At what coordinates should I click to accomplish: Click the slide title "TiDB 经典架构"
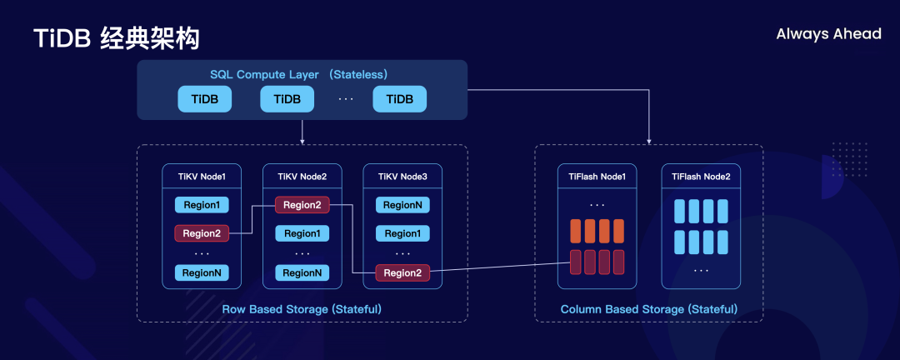(116, 38)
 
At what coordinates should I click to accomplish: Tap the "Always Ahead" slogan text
(828, 34)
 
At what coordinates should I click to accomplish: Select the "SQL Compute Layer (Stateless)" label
(298, 75)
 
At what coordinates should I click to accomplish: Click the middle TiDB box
(287, 99)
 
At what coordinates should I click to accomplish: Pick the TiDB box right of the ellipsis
(399, 99)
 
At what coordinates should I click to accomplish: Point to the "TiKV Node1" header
(202, 177)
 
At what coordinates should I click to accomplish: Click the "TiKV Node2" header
(302, 177)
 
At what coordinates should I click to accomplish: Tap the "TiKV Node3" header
(403, 177)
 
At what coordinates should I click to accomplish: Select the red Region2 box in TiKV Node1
(202, 233)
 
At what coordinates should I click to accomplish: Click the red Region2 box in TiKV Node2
(302, 205)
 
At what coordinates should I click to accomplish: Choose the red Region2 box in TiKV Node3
(403, 272)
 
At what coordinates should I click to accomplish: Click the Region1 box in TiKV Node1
(202, 205)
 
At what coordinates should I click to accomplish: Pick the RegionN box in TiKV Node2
(302, 272)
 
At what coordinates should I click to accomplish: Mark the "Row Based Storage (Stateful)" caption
(302, 309)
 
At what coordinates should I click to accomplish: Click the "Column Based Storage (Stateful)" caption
(649, 309)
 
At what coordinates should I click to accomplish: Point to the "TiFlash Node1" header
(597, 177)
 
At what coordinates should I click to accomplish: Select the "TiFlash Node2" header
(701, 177)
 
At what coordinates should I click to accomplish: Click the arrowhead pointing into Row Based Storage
(302, 142)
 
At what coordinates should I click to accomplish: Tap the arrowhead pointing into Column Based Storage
(649, 142)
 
